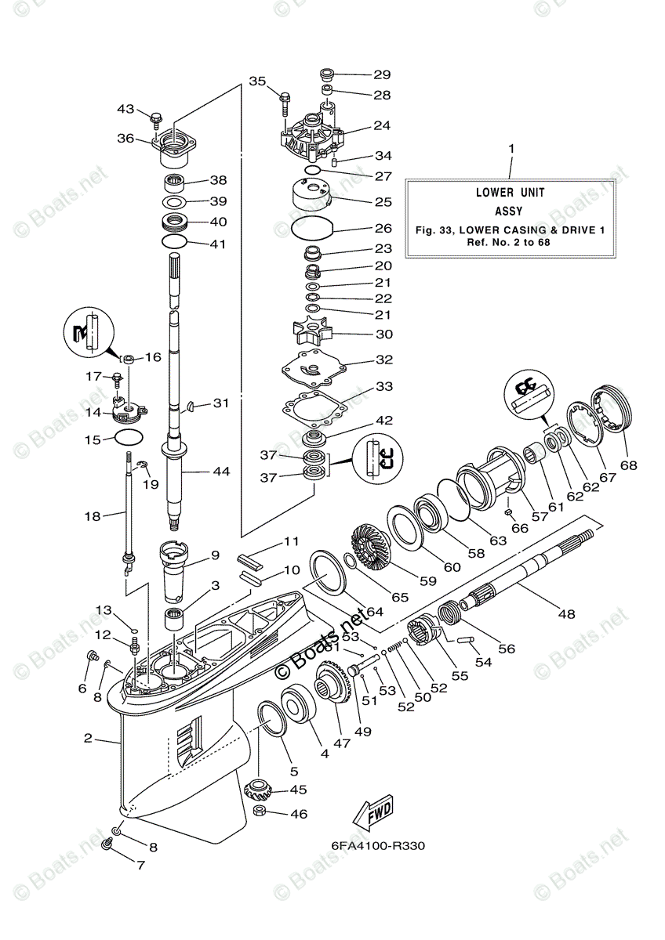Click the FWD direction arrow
(x=372, y=814)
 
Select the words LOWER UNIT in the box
(x=510, y=192)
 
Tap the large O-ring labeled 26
(x=313, y=229)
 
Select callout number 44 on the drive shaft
(x=221, y=472)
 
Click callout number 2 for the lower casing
(x=88, y=738)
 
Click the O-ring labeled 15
(x=129, y=437)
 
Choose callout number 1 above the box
(x=511, y=148)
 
